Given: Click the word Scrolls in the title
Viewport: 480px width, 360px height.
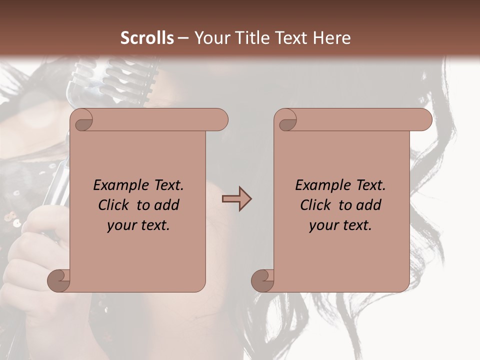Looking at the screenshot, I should coord(147,37).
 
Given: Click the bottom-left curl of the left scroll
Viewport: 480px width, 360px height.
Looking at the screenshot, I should coord(58,280).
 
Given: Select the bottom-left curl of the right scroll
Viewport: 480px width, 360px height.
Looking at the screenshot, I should coord(262,280).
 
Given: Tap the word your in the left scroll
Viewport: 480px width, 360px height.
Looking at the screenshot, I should coord(120,225).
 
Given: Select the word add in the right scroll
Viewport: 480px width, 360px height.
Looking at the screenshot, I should coord(368,205).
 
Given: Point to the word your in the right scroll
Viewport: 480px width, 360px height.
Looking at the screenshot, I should coord(322,225).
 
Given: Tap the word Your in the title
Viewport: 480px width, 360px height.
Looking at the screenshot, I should coord(209,37).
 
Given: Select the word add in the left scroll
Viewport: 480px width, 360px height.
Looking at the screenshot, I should coord(166,205).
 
